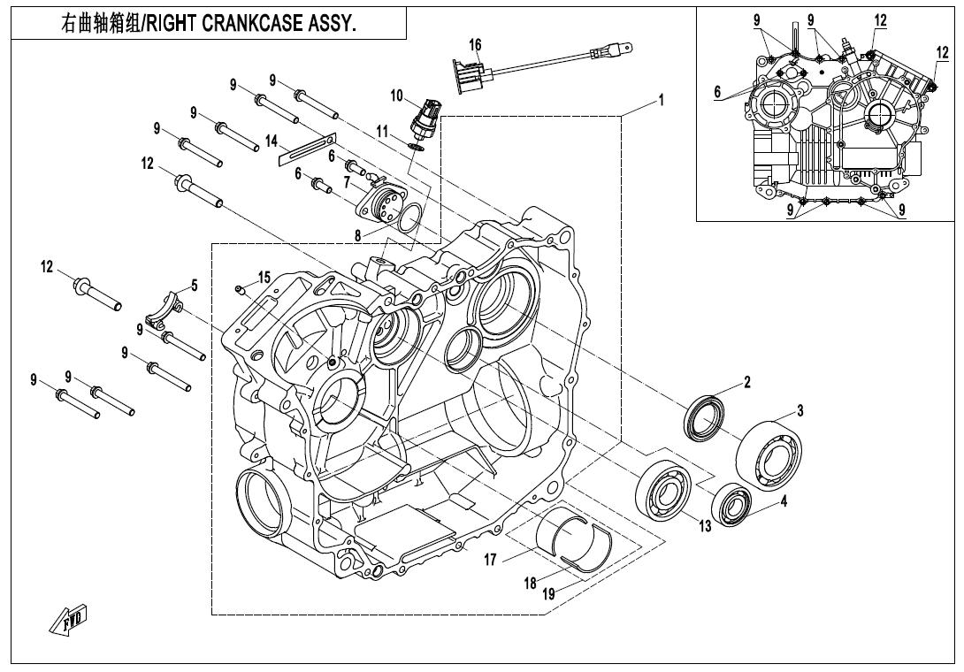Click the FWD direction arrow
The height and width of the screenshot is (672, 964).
click(68, 620)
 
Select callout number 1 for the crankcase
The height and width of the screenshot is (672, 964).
click(661, 100)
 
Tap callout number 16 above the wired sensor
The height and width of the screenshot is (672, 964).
click(475, 45)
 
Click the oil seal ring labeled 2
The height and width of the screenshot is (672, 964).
click(705, 418)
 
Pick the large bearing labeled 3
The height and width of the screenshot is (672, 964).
click(769, 454)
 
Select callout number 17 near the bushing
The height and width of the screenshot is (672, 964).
click(490, 560)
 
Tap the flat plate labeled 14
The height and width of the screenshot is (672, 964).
click(307, 149)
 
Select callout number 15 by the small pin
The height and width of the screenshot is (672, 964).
click(264, 278)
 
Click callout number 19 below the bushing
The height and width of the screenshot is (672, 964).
click(548, 594)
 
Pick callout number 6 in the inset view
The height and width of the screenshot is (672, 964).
click(717, 92)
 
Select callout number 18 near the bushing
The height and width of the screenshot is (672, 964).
click(531, 583)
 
